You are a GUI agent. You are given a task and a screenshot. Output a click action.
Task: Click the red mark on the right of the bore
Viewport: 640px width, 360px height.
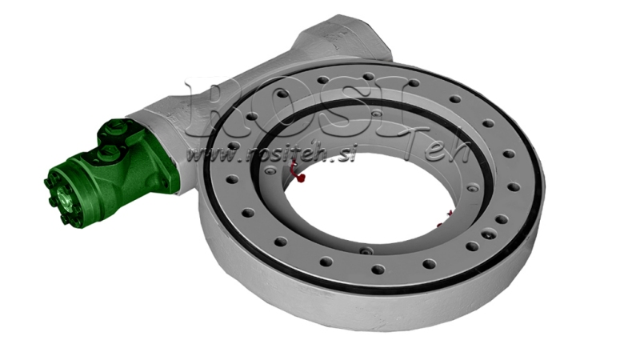pos(450,214)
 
